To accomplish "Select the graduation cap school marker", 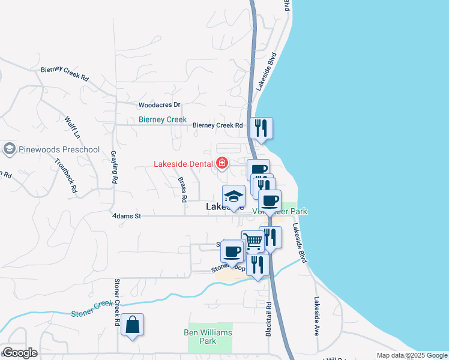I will tap(234, 196).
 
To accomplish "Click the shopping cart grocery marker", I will tap(253, 241).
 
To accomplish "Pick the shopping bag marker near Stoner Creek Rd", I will tap(132, 325).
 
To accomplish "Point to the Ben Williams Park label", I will tap(208, 337).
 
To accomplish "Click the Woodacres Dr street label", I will tap(159, 105).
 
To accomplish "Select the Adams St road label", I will tap(127, 216).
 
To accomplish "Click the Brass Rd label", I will tap(182, 189).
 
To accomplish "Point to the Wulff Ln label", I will tap(73, 127).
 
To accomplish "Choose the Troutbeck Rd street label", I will tap(66, 175).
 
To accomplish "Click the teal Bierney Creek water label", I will tap(163, 119).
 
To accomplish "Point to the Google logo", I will tap(20, 353).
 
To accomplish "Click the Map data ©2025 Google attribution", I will tap(412, 356).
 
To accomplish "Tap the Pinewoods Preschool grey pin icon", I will tap(9, 148).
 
